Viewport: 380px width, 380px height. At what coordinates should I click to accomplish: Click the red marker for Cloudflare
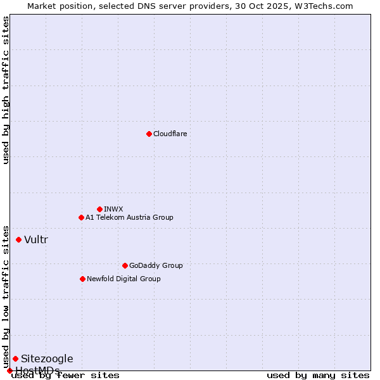(149, 134)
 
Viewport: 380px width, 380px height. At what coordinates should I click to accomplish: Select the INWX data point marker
(99, 209)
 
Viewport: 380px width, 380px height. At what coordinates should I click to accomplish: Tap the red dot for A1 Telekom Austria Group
(81, 217)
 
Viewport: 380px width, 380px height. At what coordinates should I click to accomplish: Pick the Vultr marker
(18, 239)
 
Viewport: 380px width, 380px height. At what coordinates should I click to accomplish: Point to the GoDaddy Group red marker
(125, 265)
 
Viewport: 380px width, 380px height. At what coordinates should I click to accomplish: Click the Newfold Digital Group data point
(82, 279)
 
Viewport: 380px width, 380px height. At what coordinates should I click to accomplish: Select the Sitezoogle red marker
(15, 358)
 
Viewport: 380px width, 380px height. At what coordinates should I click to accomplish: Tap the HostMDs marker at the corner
(9, 370)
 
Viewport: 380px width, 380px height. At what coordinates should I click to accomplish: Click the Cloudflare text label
(170, 134)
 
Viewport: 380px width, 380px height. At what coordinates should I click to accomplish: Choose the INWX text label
(113, 209)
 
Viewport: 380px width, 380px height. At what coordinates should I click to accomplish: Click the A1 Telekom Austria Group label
(129, 217)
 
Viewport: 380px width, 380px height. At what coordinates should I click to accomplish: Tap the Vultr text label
(36, 239)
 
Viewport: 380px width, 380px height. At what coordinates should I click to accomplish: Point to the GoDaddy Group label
(156, 265)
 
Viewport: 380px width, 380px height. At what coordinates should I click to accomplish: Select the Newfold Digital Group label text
(123, 279)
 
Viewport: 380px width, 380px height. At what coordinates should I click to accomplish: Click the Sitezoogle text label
(47, 358)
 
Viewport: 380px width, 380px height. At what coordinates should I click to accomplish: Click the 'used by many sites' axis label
(318, 376)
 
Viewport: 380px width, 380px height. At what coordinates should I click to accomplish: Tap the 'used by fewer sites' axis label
(65, 376)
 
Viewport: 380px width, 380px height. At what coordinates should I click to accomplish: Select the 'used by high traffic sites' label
(6, 90)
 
